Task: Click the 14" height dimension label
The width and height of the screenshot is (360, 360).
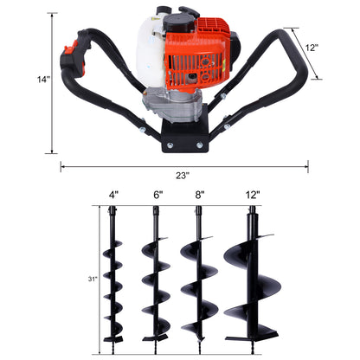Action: pos(42,80)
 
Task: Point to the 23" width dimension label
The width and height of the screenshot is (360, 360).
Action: pos(181,175)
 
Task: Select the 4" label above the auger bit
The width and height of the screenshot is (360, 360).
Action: pos(113,196)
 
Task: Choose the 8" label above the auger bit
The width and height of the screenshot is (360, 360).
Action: pos(199,196)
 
